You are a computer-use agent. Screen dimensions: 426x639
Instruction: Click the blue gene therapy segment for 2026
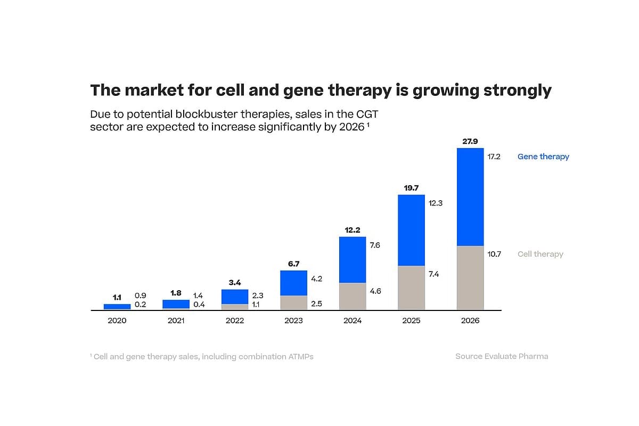point(470,196)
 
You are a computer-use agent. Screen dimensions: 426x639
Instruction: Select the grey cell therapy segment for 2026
point(470,277)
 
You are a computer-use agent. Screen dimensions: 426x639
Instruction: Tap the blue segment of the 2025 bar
point(411,230)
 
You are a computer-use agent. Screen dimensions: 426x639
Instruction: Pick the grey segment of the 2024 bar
point(353,296)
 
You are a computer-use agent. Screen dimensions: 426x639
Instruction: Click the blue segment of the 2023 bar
point(293,283)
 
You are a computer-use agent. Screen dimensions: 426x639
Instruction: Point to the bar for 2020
point(117,307)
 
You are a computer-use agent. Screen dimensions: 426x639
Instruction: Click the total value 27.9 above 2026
point(470,142)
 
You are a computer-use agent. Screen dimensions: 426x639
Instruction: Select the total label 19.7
point(411,188)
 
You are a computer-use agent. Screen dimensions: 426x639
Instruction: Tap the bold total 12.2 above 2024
point(353,230)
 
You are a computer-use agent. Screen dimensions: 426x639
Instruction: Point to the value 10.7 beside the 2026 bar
point(494,254)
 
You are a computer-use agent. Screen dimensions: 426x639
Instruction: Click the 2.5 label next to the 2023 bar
point(317,304)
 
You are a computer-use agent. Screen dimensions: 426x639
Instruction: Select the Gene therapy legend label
point(543,157)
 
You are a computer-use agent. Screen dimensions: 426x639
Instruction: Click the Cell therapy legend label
point(540,254)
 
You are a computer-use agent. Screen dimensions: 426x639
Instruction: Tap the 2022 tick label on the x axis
point(235,321)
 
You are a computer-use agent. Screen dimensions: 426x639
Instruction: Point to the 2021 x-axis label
point(176,321)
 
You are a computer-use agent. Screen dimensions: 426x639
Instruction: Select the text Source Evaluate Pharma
point(502,356)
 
